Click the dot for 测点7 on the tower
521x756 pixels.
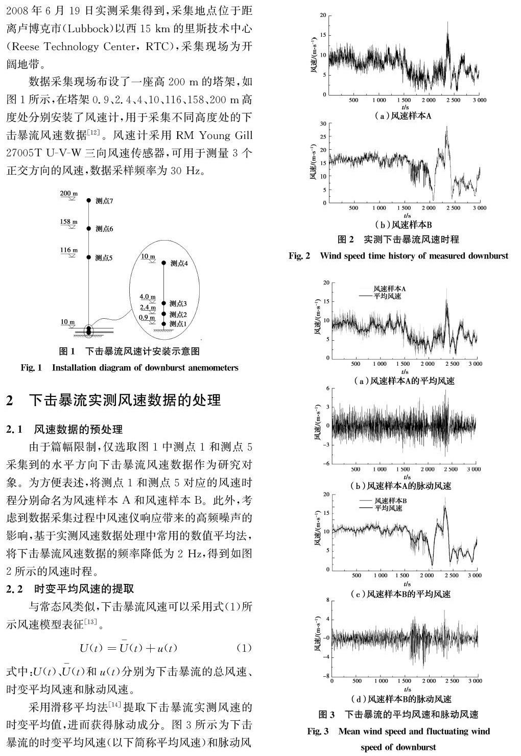[89, 201]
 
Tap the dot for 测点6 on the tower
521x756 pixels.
[89, 228]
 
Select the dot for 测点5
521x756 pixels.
[89, 257]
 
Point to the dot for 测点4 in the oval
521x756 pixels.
[164, 263]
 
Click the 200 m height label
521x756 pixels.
[69, 194]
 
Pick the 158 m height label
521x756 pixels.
[69, 222]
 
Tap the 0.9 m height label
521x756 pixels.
[147, 317]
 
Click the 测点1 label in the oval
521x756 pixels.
[178, 324]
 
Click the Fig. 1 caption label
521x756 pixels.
[31, 367]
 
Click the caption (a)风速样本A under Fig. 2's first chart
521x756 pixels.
[403, 116]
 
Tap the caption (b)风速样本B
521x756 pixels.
[403, 225]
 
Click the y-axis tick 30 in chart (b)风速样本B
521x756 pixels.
[322, 124]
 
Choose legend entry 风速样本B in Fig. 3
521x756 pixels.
[390, 501]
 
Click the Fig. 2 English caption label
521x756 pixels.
[299, 255]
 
